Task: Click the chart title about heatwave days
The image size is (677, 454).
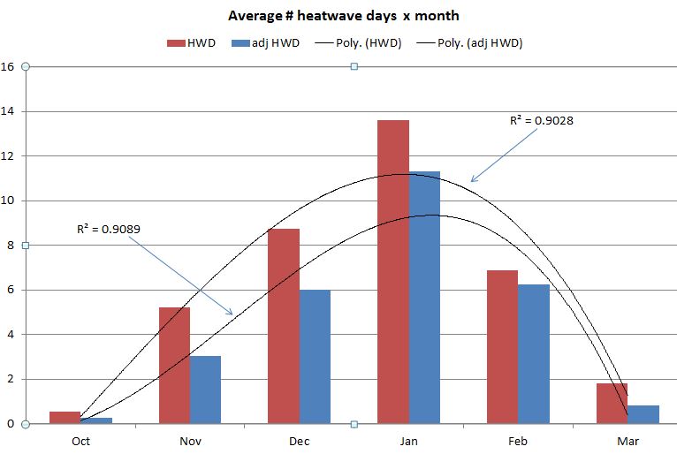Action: tap(344, 16)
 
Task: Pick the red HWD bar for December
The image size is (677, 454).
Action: tap(284, 326)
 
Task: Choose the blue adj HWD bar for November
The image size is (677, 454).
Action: tap(205, 390)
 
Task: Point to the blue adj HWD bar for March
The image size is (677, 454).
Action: tap(643, 414)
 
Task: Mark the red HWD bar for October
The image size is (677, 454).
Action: tap(65, 418)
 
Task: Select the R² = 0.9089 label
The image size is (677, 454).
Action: tap(109, 228)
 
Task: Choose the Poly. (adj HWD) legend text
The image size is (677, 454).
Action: tap(480, 42)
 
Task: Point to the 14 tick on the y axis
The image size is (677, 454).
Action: tap(8, 111)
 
